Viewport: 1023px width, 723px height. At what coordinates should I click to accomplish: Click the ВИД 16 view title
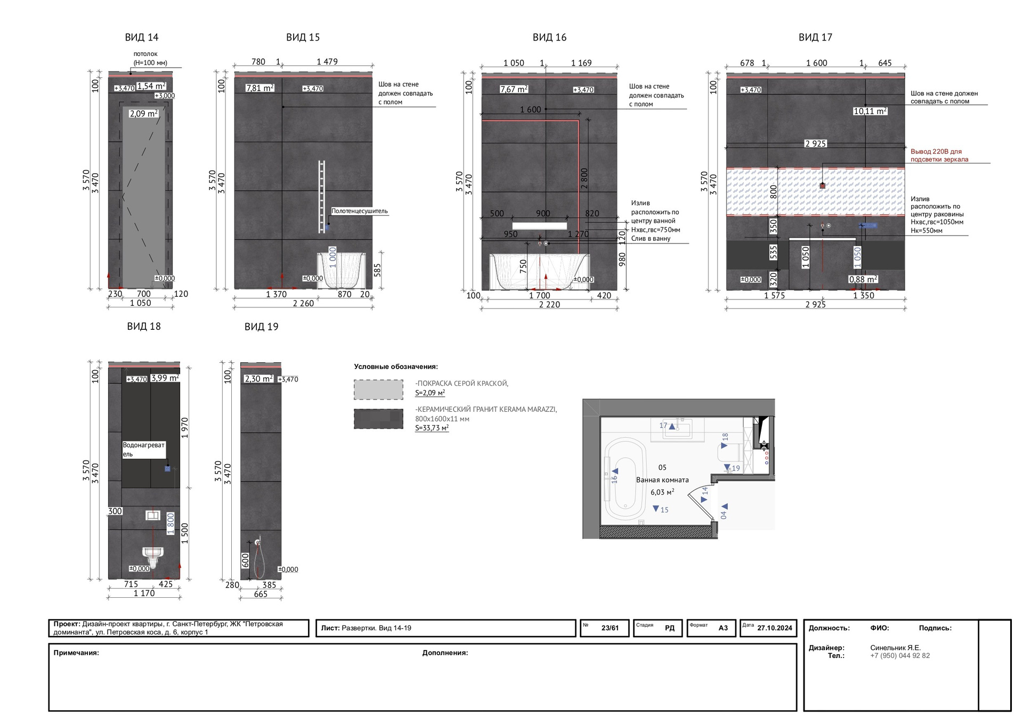[x=549, y=37]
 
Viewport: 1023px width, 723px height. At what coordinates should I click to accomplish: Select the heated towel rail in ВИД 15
[x=322, y=197]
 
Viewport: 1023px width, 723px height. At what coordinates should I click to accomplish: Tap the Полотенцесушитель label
[x=360, y=211]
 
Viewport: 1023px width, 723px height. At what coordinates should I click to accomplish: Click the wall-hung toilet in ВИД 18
[x=153, y=557]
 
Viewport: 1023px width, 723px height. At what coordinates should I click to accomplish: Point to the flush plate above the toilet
[x=153, y=515]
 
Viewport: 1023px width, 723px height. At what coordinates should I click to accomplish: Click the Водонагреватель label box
[x=144, y=449]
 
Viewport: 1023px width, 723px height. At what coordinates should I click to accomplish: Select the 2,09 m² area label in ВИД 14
[x=144, y=113]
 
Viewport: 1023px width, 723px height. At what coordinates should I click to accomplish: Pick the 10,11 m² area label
[x=870, y=111]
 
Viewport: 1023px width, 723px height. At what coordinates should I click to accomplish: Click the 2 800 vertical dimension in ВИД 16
[x=584, y=178]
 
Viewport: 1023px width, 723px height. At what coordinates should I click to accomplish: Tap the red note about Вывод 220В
[x=939, y=156]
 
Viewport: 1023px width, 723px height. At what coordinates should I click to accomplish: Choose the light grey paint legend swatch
[x=378, y=389]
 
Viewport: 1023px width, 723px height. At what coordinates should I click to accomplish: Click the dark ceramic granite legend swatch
[x=378, y=419]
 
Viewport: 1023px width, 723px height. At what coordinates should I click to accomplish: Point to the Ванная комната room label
[x=662, y=480]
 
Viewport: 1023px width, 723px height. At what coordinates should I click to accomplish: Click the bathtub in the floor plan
[x=624, y=478]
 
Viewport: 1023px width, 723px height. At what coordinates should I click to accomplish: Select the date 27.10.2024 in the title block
[x=775, y=628]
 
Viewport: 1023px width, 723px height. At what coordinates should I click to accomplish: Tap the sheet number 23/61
[x=610, y=628]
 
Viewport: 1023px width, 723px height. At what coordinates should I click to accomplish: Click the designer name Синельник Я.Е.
[x=896, y=648]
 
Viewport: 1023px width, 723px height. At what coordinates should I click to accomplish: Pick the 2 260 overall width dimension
[x=303, y=304]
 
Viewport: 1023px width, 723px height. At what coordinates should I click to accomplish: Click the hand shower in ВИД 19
[x=258, y=559]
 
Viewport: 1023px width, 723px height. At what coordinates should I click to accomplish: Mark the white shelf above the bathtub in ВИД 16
[x=540, y=226]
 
